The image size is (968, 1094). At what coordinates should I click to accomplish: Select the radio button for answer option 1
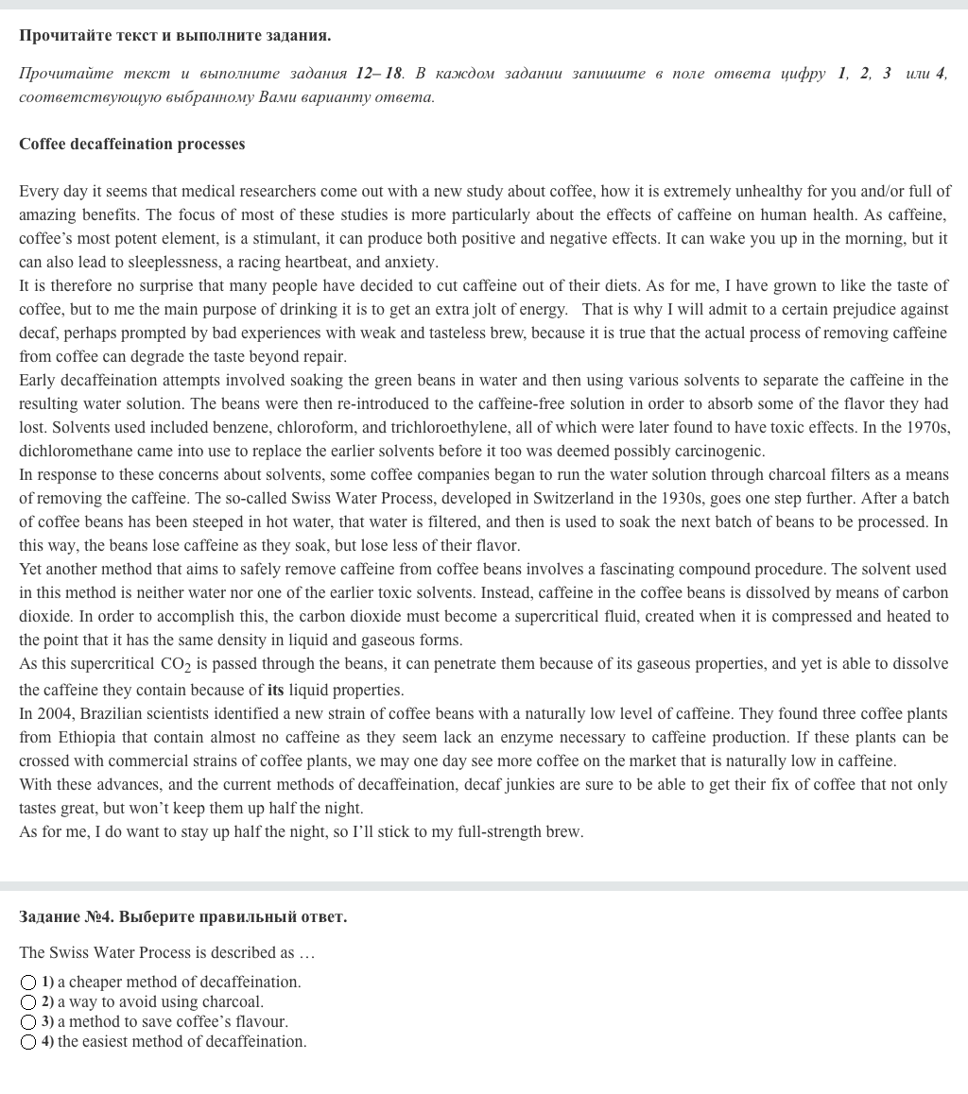pos(28,983)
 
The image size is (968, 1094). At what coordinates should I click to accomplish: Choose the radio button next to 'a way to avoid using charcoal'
pos(28,1002)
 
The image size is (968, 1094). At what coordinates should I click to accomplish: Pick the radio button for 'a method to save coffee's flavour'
pos(28,1022)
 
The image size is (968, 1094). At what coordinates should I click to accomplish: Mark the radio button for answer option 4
pos(28,1042)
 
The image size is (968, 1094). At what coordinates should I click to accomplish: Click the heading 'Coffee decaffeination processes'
pos(131,145)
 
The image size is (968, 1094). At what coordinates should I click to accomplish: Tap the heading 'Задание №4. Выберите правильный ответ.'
pos(182,917)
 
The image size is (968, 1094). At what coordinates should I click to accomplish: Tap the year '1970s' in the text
pos(929,428)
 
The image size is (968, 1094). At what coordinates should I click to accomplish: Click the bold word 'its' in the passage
pos(275,691)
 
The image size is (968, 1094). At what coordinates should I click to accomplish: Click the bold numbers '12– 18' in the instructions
pos(379,74)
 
